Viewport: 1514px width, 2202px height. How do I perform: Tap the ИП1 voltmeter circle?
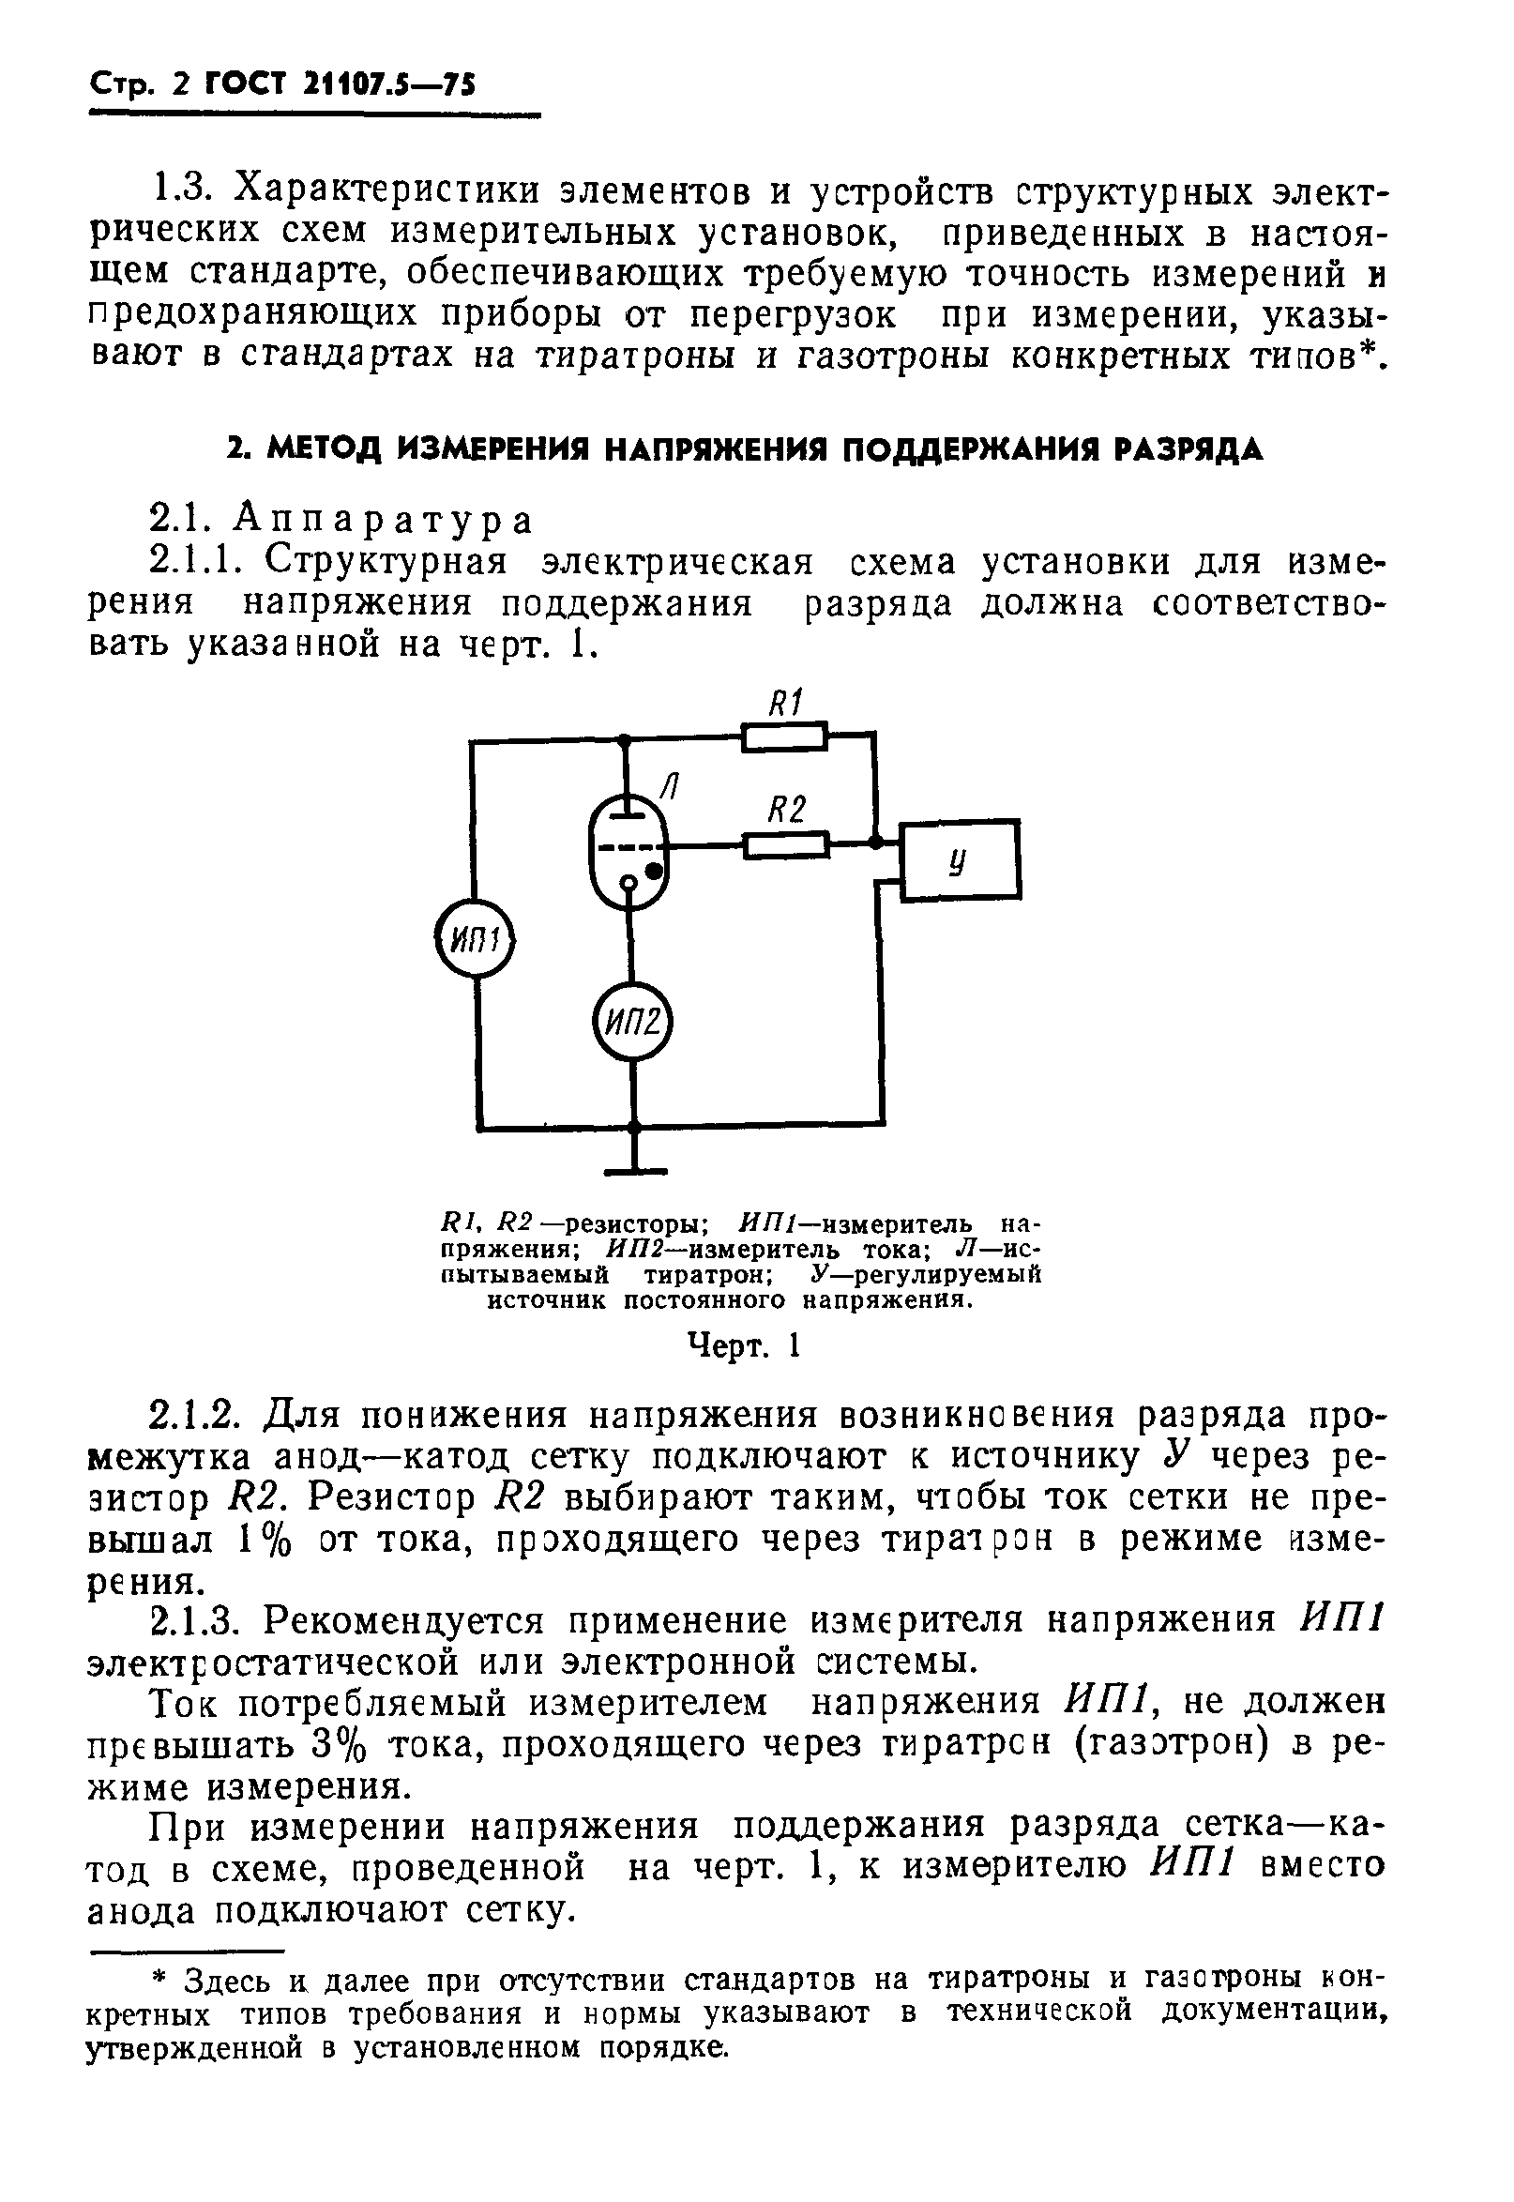(x=475, y=940)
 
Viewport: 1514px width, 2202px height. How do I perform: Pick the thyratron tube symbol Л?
(x=627, y=851)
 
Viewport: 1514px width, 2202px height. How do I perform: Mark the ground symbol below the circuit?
(x=635, y=1169)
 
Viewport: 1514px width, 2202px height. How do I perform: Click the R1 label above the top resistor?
(x=784, y=703)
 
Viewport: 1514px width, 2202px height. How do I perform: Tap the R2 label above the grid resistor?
(x=786, y=809)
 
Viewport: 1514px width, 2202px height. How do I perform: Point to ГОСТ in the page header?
(x=245, y=86)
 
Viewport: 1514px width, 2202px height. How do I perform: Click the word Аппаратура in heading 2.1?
(x=385, y=520)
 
